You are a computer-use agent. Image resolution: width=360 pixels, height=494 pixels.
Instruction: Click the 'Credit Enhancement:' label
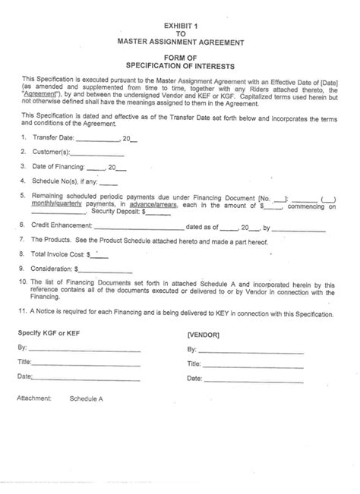(x=62, y=226)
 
